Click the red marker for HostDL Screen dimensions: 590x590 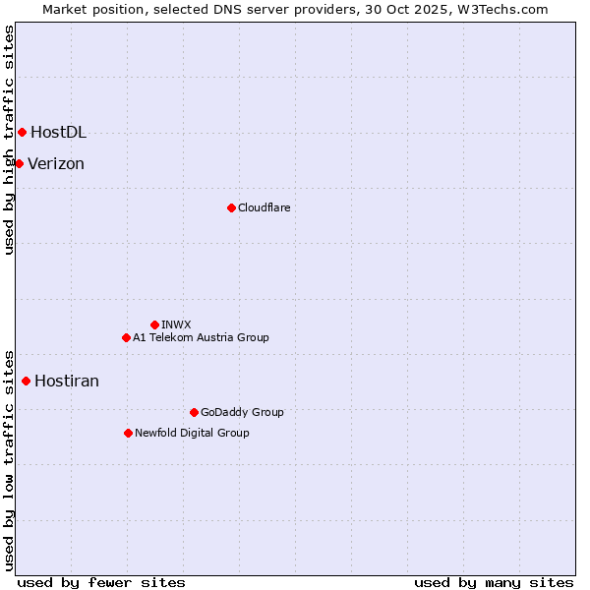[x=22, y=132]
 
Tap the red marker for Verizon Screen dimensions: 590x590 [x=19, y=163]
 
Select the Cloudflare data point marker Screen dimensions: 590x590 [x=231, y=207]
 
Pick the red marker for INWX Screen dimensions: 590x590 [x=154, y=324]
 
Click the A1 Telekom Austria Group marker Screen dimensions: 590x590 [x=126, y=337]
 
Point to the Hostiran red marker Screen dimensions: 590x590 [x=26, y=381]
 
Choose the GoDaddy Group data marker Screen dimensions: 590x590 [x=194, y=412]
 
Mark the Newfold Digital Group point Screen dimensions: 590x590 [x=128, y=433]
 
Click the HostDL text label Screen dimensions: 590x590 [x=58, y=132]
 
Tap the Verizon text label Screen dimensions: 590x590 [x=56, y=163]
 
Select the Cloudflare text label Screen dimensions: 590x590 [x=264, y=207]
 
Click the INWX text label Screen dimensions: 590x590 [x=176, y=324]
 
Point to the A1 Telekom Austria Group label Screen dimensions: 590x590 [x=201, y=337]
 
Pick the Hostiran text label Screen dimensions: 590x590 [x=67, y=381]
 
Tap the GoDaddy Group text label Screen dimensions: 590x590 [x=242, y=412]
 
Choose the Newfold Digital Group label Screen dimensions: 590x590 [x=192, y=433]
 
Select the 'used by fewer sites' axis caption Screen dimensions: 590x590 [x=101, y=582]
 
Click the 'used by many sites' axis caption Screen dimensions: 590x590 [x=494, y=582]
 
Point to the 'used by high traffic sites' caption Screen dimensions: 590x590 [x=9, y=140]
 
